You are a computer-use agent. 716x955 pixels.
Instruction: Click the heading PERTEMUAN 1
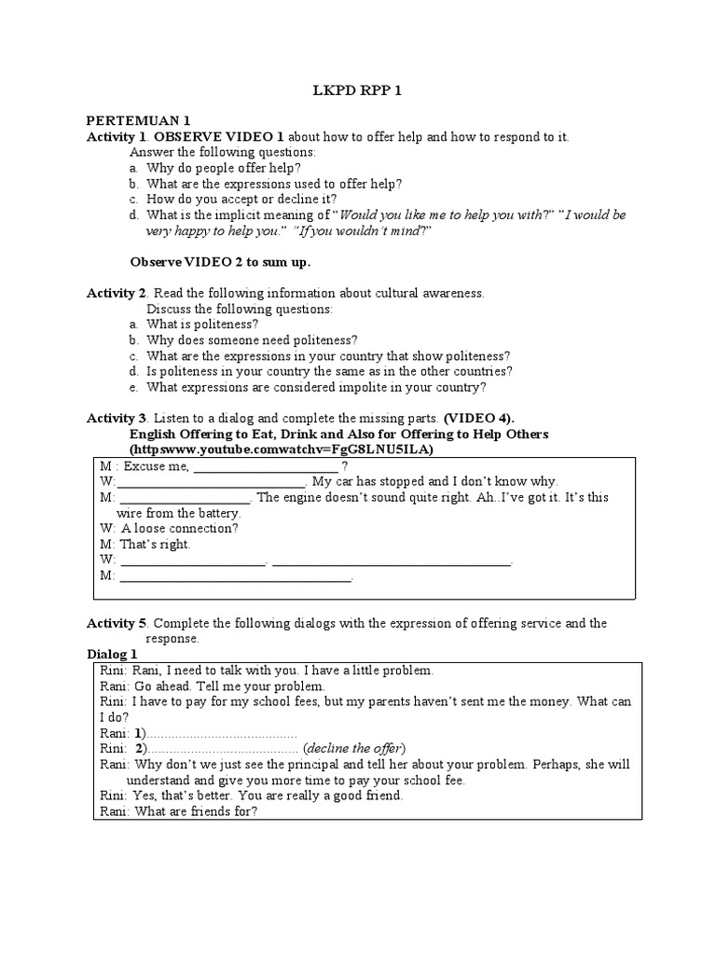pyautogui.click(x=138, y=121)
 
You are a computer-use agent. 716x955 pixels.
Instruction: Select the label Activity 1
pyautogui.click(x=117, y=137)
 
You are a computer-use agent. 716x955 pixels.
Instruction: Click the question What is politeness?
pyautogui.click(x=189, y=324)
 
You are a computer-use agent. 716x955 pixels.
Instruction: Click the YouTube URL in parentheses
pyautogui.click(x=281, y=450)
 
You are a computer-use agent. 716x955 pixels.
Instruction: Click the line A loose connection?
pyautogui.click(x=169, y=528)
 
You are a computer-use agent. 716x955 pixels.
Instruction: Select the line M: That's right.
pyautogui.click(x=145, y=544)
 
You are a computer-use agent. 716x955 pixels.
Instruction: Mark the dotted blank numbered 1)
pyautogui.click(x=222, y=733)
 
